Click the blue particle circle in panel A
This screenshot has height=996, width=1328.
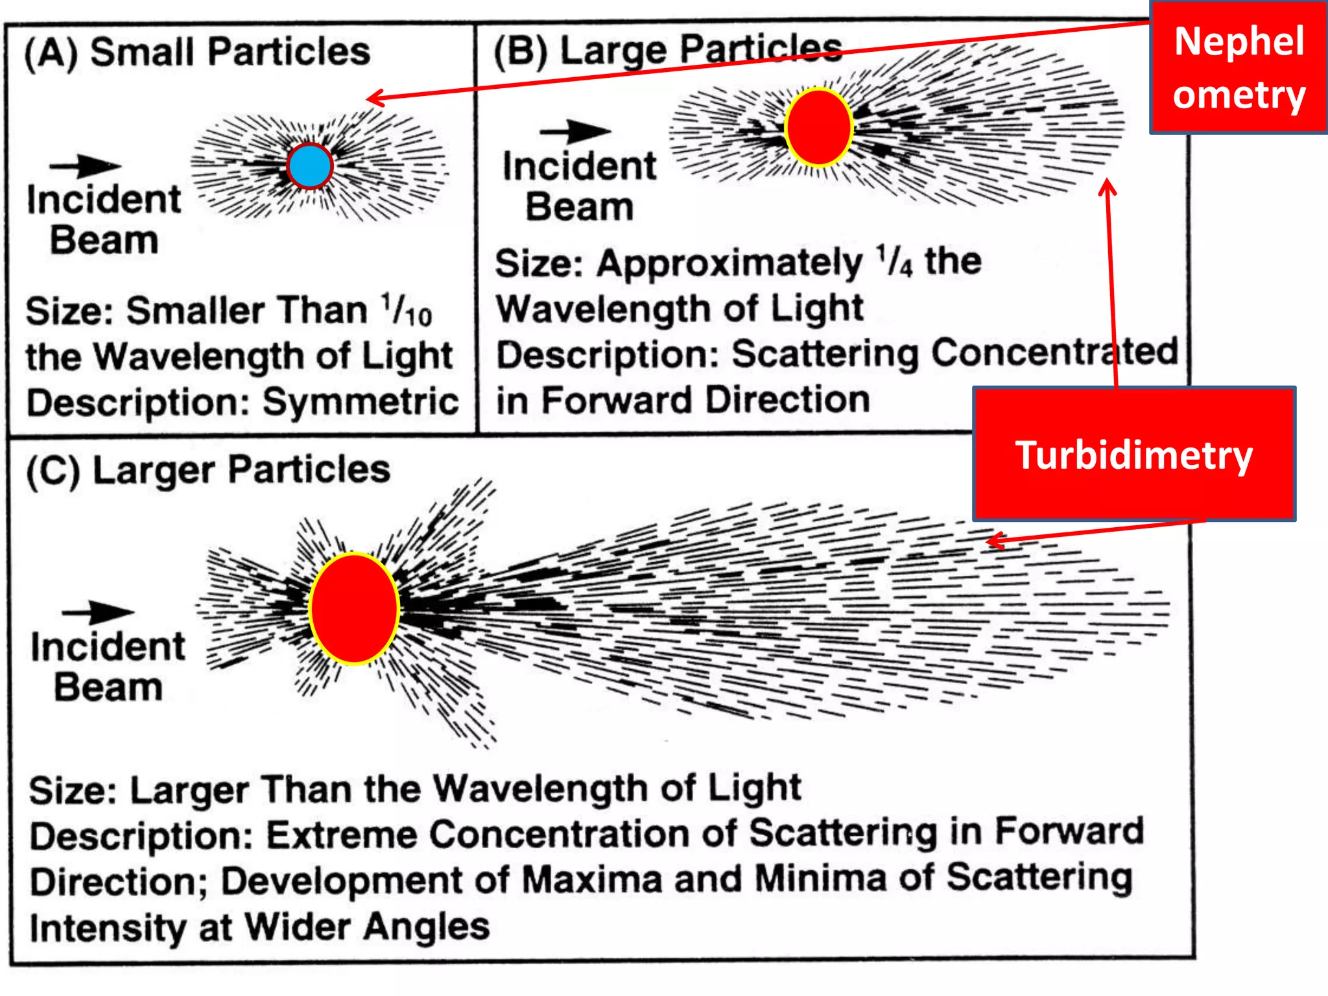click(310, 166)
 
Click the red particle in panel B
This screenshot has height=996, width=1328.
click(818, 128)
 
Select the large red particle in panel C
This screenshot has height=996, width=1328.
click(354, 608)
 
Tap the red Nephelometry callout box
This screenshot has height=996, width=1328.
click(1239, 67)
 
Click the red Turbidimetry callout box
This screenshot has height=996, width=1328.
click(1133, 455)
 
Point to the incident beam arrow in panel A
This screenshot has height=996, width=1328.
click(85, 166)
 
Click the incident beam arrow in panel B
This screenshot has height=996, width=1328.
click(575, 131)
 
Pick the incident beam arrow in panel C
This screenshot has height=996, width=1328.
click(97, 611)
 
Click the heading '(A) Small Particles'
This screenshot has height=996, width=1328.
click(197, 52)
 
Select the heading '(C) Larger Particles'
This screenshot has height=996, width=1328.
click(208, 469)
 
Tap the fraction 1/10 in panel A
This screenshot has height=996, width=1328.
click(407, 310)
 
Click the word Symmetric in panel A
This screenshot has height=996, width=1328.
click(361, 402)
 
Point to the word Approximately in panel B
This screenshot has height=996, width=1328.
click(729, 263)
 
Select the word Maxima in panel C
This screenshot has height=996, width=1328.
click(591, 880)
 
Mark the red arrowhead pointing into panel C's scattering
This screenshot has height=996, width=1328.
click(995, 540)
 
